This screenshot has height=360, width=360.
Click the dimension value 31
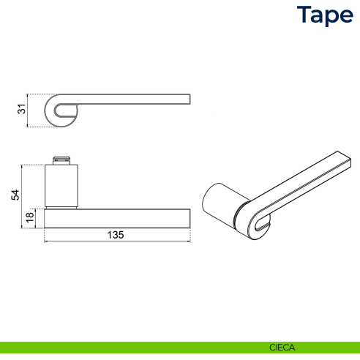(22, 110)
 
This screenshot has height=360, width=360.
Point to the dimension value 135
(116, 235)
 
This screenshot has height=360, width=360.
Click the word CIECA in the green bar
(277, 348)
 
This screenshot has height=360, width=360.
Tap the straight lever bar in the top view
(139, 98)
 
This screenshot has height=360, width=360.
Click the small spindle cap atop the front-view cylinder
(61, 159)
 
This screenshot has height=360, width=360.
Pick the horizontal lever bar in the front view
(117, 218)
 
